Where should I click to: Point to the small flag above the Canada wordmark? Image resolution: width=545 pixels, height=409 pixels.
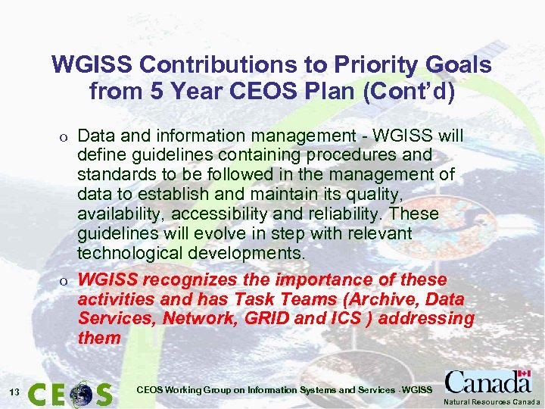[x=523, y=375]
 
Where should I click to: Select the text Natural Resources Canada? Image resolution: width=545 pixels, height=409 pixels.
[x=492, y=401]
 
